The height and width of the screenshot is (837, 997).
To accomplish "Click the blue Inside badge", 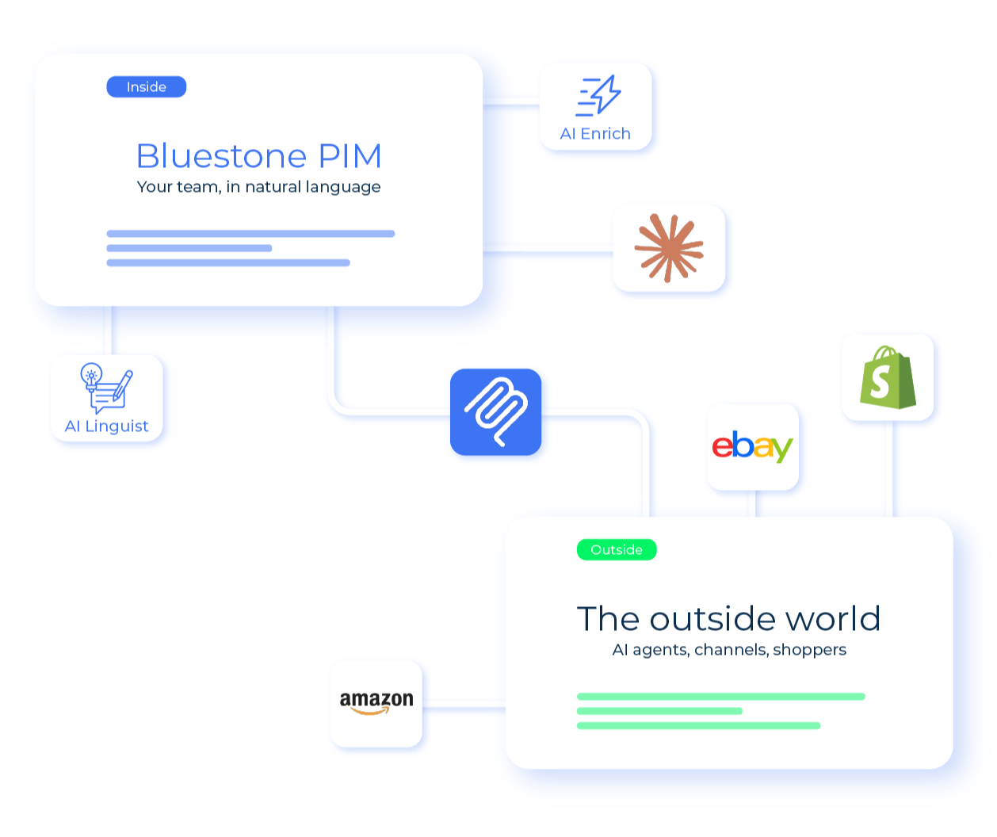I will click(x=147, y=86).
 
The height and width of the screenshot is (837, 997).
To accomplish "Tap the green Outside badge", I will click(x=617, y=549).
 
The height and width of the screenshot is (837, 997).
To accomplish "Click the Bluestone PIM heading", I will click(x=258, y=156).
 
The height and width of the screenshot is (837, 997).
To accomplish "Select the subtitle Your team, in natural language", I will click(x=258, y=187).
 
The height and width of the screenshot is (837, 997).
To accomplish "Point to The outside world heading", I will click(x=728, y=619).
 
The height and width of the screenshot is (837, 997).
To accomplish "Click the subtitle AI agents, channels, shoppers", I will click(x=728, y=650).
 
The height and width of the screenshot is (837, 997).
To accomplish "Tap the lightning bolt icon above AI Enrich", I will click(x=598, y=97).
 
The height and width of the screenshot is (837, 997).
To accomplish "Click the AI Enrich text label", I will click(x=595, y=134).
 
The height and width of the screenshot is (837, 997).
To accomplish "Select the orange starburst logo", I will click(x=669, y=248).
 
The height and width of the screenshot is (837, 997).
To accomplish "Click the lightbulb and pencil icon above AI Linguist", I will click(x=106, y=387).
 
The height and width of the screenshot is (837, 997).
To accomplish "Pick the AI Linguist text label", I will click(x=107, y=426).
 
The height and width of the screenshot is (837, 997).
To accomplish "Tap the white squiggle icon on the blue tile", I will click(x=497, y=413).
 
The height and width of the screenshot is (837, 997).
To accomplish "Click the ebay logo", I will click(x=752, y=447).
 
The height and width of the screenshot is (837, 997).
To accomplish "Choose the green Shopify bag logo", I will click(x=888, y=377).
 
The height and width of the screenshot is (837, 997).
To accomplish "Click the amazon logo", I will click(x=376, y=702).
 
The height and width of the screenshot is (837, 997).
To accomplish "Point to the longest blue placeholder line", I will click(x=250, y=234).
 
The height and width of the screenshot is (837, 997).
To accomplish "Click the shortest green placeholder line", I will click(x=659, y=711).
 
